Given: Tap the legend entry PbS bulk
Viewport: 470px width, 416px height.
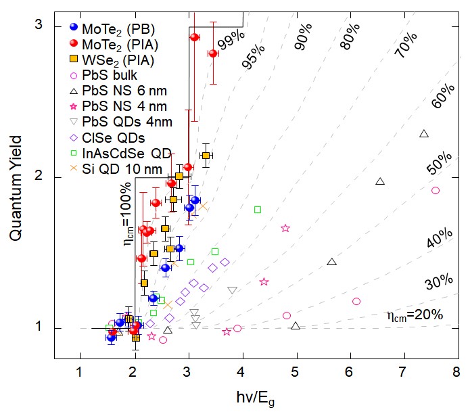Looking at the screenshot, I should tap(111, 75).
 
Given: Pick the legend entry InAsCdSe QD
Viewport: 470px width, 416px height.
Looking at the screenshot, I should tap(126, 152).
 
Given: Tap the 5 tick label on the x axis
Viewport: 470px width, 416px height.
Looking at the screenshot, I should tap(296, 372).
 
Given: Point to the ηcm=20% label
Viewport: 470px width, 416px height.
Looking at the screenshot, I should tap(415, 315).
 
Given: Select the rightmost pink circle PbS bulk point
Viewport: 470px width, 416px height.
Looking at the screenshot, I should tap(436, 191).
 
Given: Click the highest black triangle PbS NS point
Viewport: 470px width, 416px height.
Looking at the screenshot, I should tap(424, 134).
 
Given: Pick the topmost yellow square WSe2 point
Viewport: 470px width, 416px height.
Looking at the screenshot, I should tap(206, 156).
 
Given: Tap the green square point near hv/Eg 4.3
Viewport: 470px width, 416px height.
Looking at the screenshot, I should tap(258, 210).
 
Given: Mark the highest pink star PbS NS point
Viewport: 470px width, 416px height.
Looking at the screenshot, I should tap(285, 229).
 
